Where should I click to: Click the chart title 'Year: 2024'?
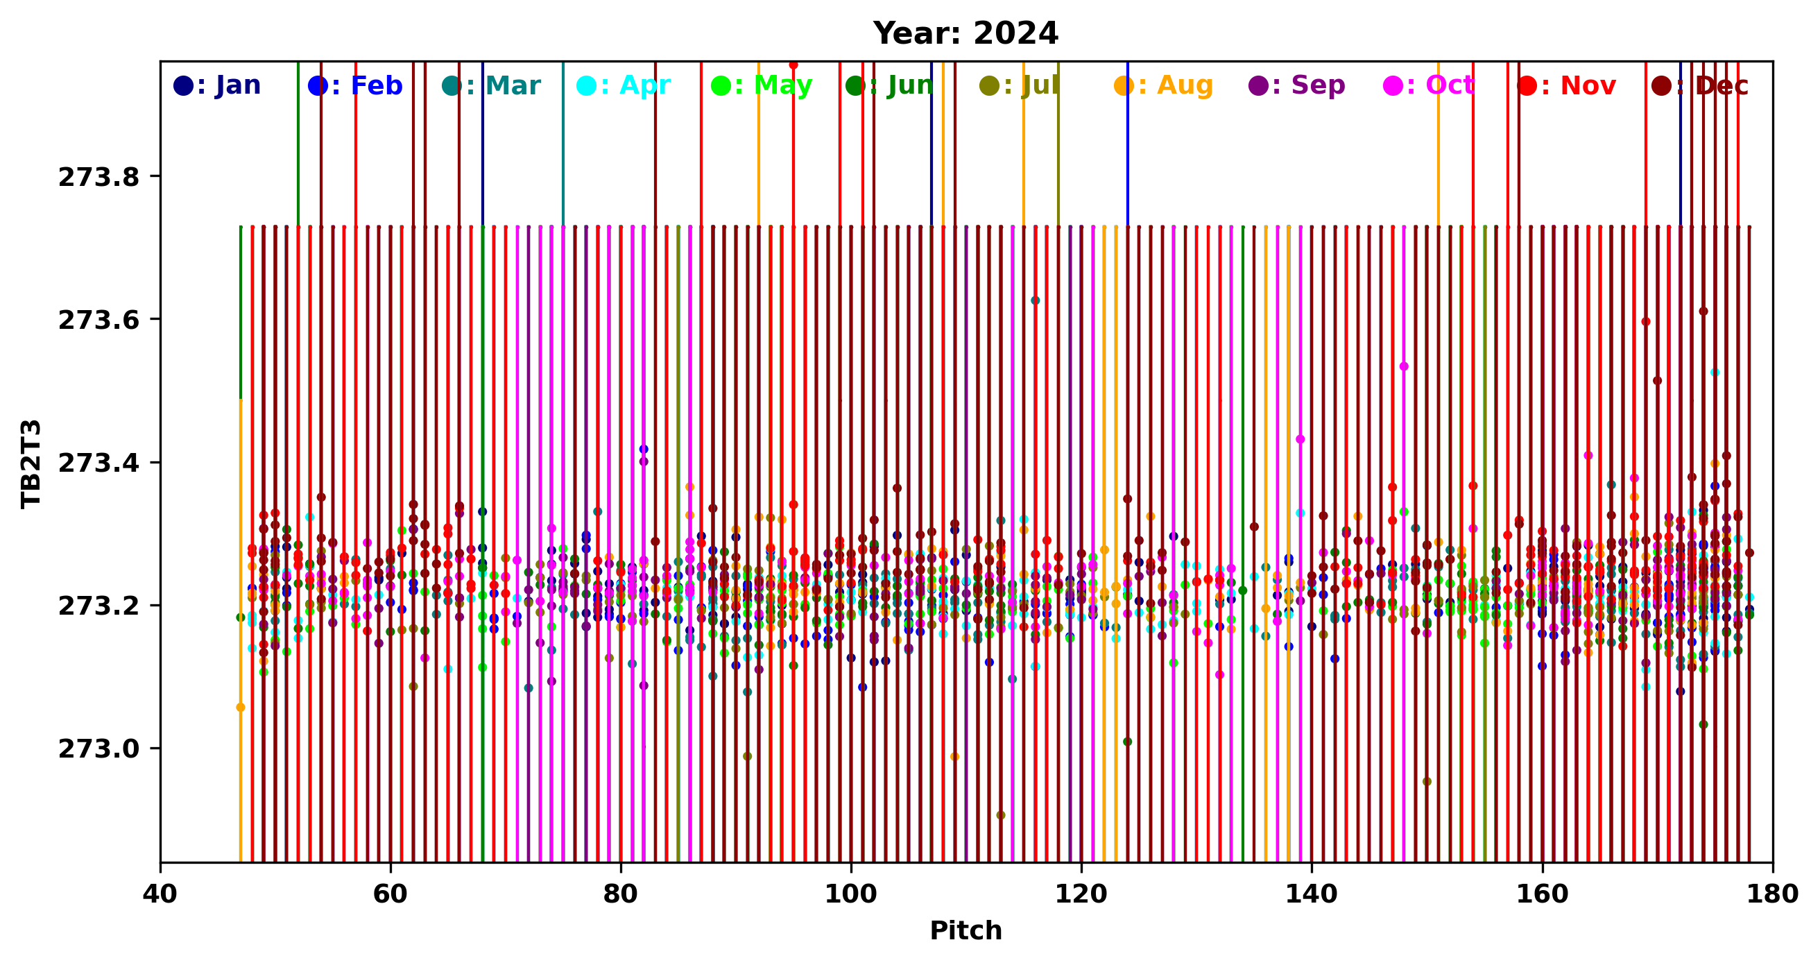(x=965, y=33)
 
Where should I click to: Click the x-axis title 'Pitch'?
(x=965, y=930)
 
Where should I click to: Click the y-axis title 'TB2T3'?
(x=31, y=463)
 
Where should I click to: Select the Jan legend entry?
(x=218, y=85)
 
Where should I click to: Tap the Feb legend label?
(x=355, y=85)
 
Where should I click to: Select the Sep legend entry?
(x=1297, y=85)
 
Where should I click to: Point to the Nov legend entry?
(x=1567, y=85)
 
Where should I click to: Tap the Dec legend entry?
(x=1701, y=85)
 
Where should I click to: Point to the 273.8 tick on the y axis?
(x=99, y=178)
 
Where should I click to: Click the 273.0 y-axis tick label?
(x=99, y=749)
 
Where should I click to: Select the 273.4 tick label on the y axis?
(x=99, y=463)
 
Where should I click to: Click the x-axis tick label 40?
(x=160, y=894)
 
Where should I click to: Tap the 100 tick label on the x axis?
(x=850, y=894)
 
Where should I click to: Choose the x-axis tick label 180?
(x=1772, y=894)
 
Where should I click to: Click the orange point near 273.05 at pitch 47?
(x=241, y=707)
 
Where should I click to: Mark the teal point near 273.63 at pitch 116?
(x=1035, y=300)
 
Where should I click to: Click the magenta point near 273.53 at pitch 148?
(x=1404, y=366)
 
